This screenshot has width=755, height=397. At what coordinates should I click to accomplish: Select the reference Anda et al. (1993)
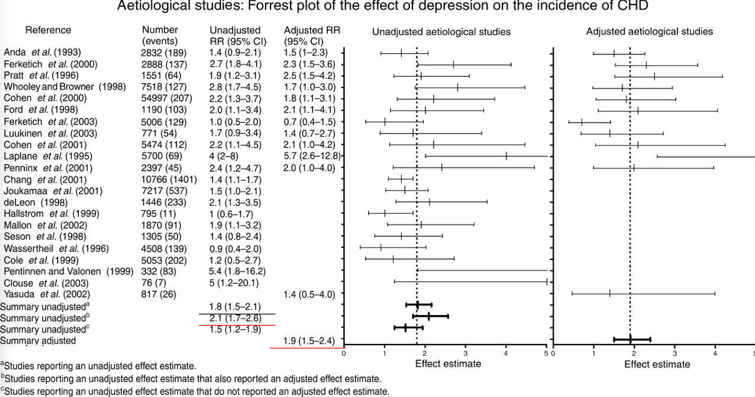(42, 52)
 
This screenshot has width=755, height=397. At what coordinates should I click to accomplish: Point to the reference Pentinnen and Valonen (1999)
(69, 271)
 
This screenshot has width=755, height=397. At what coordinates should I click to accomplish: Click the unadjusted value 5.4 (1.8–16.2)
(237, 271)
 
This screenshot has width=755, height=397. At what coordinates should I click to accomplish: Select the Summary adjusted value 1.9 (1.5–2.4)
(309, 341)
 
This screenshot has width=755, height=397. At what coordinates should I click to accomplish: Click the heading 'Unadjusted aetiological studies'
(441, 32)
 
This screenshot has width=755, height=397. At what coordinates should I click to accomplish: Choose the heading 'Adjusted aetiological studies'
(649, 32)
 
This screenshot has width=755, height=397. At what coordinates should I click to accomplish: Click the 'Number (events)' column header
(160, 36)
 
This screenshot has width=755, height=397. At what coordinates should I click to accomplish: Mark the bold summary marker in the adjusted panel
(631, 339)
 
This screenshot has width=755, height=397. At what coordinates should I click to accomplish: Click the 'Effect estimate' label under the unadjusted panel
(448, 364)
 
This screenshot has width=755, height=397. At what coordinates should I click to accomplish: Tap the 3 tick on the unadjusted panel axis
(465, 353)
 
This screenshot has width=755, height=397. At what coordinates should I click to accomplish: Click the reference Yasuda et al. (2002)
(47, 294)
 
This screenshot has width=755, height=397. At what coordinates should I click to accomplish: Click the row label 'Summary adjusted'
(38, 341)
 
